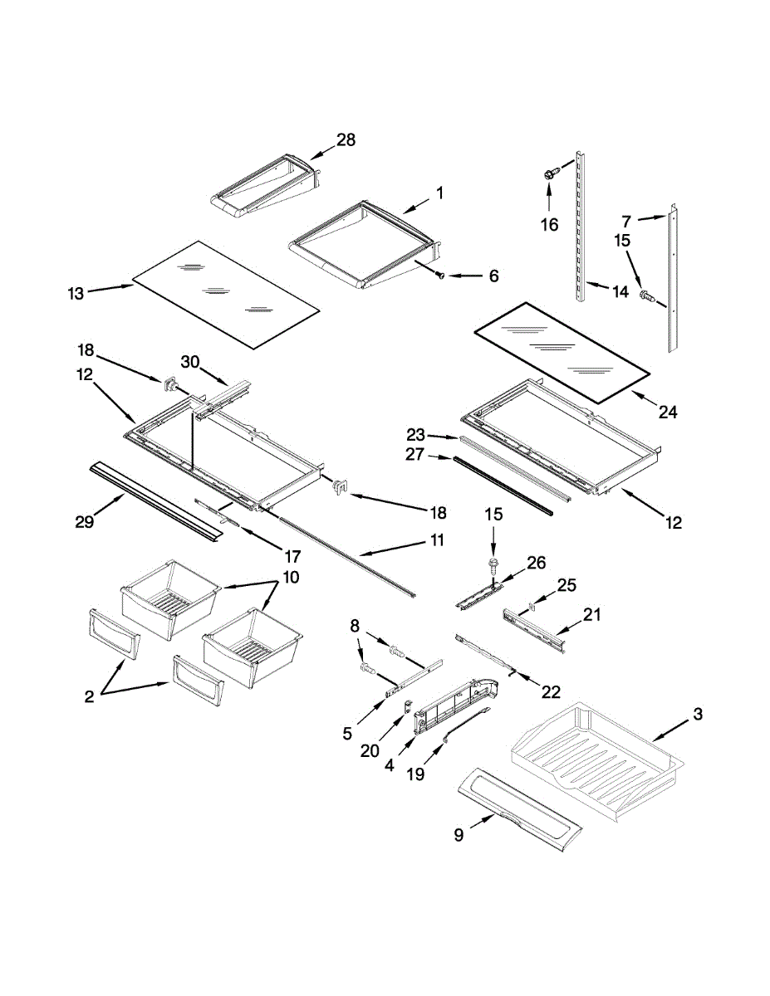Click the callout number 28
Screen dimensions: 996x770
pos(346,140)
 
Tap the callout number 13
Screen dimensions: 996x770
pos(76,293)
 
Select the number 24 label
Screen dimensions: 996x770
pos(667,411)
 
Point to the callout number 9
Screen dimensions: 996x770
pos(459,836)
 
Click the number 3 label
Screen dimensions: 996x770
pos(698,714)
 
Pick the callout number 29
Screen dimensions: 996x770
pos(83,521)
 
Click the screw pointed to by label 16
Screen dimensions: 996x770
pos(549,174)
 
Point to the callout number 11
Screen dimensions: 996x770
pos(437,540)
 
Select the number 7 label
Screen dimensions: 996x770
pos(626,221)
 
